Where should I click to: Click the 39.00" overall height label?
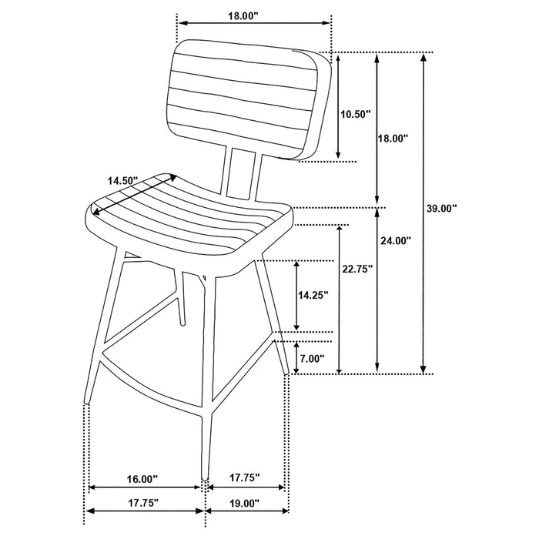(x=443, y=208)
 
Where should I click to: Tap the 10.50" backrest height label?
(x=355, y=114)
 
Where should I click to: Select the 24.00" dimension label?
(x=396, y=240)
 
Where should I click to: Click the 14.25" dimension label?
(x=313, y=294)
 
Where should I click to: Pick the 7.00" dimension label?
(x=312, y=358)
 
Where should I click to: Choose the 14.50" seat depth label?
(x=122, y=181)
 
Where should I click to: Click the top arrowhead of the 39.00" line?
(x=423, y=58)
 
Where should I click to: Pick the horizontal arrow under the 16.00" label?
(x=146, y=487)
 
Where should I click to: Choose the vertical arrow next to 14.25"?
(x=296, y=295)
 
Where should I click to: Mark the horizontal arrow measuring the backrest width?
(x=254, y=23)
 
